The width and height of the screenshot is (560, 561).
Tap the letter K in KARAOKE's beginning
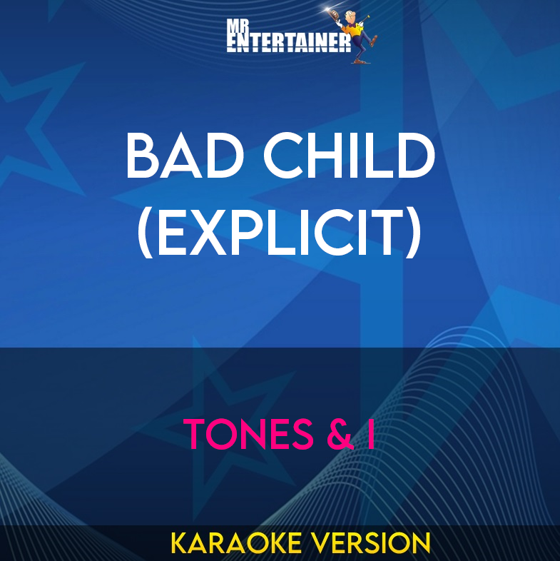click(178, 543)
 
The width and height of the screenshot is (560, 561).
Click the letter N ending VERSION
click(422, 543)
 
